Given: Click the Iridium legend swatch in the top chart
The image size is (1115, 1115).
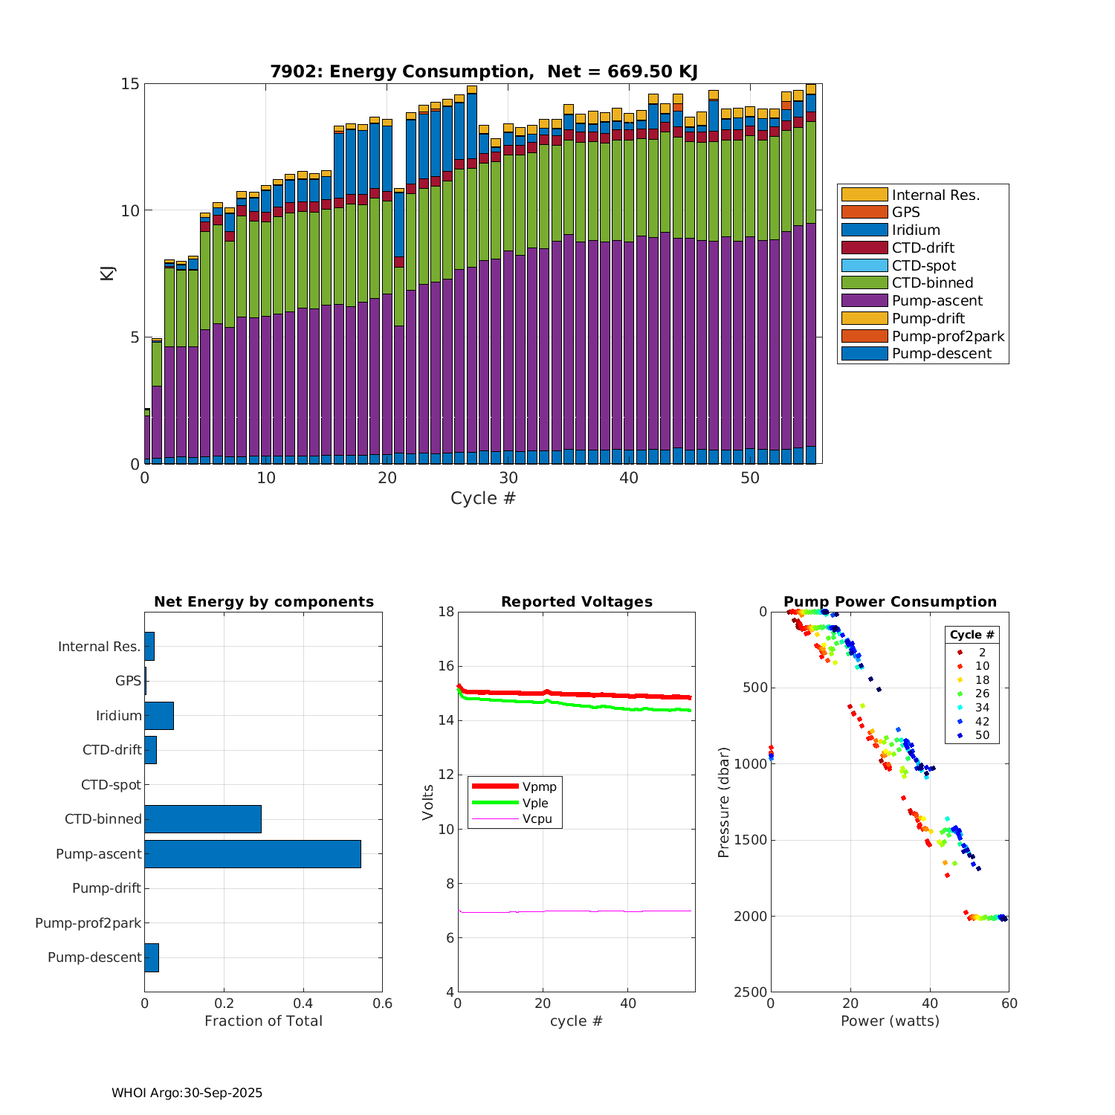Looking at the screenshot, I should click(x=864, y=230).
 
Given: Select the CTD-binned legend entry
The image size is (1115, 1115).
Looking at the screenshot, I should click(x=932, y=283).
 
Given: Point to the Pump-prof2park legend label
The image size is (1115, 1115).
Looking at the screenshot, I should click(x=948, y=337).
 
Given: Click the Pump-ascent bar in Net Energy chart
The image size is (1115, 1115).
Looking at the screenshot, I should click(x=253, y=854).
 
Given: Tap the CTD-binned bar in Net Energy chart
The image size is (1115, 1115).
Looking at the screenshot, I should click(x=203, y=819).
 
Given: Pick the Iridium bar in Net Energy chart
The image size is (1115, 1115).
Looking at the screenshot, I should click(x=159, y=716).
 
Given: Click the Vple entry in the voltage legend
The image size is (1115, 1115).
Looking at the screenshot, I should click(x=534, y=803).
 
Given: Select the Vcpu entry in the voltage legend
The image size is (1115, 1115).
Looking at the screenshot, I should click(x=537, y=819).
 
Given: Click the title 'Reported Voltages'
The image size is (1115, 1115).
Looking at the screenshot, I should click(x=576, y=602).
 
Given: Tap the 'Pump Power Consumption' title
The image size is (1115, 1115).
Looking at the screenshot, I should click(x=890, y=602).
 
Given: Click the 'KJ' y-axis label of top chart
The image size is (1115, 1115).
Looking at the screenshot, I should click(x=108, y=273).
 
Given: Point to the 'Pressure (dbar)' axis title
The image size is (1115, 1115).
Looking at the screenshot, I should click(x=723, y=801).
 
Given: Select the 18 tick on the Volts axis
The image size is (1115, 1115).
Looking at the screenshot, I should click(x=446, y=612).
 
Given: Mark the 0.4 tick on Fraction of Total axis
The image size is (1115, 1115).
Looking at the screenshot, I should click(x=303, y=1003).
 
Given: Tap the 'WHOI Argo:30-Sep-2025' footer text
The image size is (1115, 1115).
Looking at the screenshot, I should click(x=187, y=1093).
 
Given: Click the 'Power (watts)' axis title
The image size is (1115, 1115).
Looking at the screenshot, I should click(x=890, y=1021).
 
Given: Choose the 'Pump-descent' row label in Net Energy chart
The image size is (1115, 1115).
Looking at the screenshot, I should click(x=94, y=957).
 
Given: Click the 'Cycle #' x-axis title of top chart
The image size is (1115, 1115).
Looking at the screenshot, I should click(x=482, y=498).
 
